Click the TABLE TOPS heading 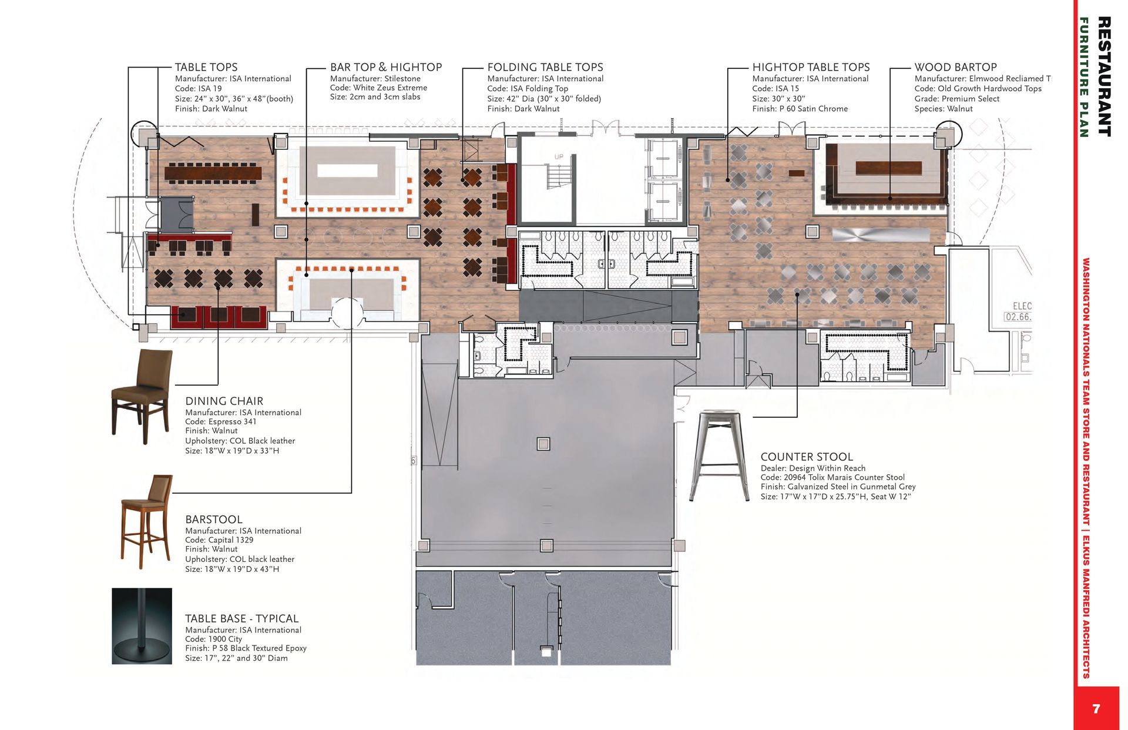point(206,67)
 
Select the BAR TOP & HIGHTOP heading point(386,67)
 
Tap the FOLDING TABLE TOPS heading point(545,67)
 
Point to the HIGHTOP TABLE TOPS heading point(811,67)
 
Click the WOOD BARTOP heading point(956,67)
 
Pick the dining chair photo point(142,396)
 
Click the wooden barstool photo point(147,522)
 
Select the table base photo point(142,626)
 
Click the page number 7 point(1096,709)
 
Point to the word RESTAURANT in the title point(1104,76)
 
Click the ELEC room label point(1022,306)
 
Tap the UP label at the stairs point(559,157)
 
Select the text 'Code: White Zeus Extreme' point(378,88)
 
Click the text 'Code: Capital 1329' point(219,540)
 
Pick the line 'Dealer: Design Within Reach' point(813,468)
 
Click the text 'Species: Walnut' point(944,109)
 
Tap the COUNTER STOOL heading point(807,457)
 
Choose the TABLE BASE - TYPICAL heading point(242,618)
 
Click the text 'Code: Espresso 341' point(221,421)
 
